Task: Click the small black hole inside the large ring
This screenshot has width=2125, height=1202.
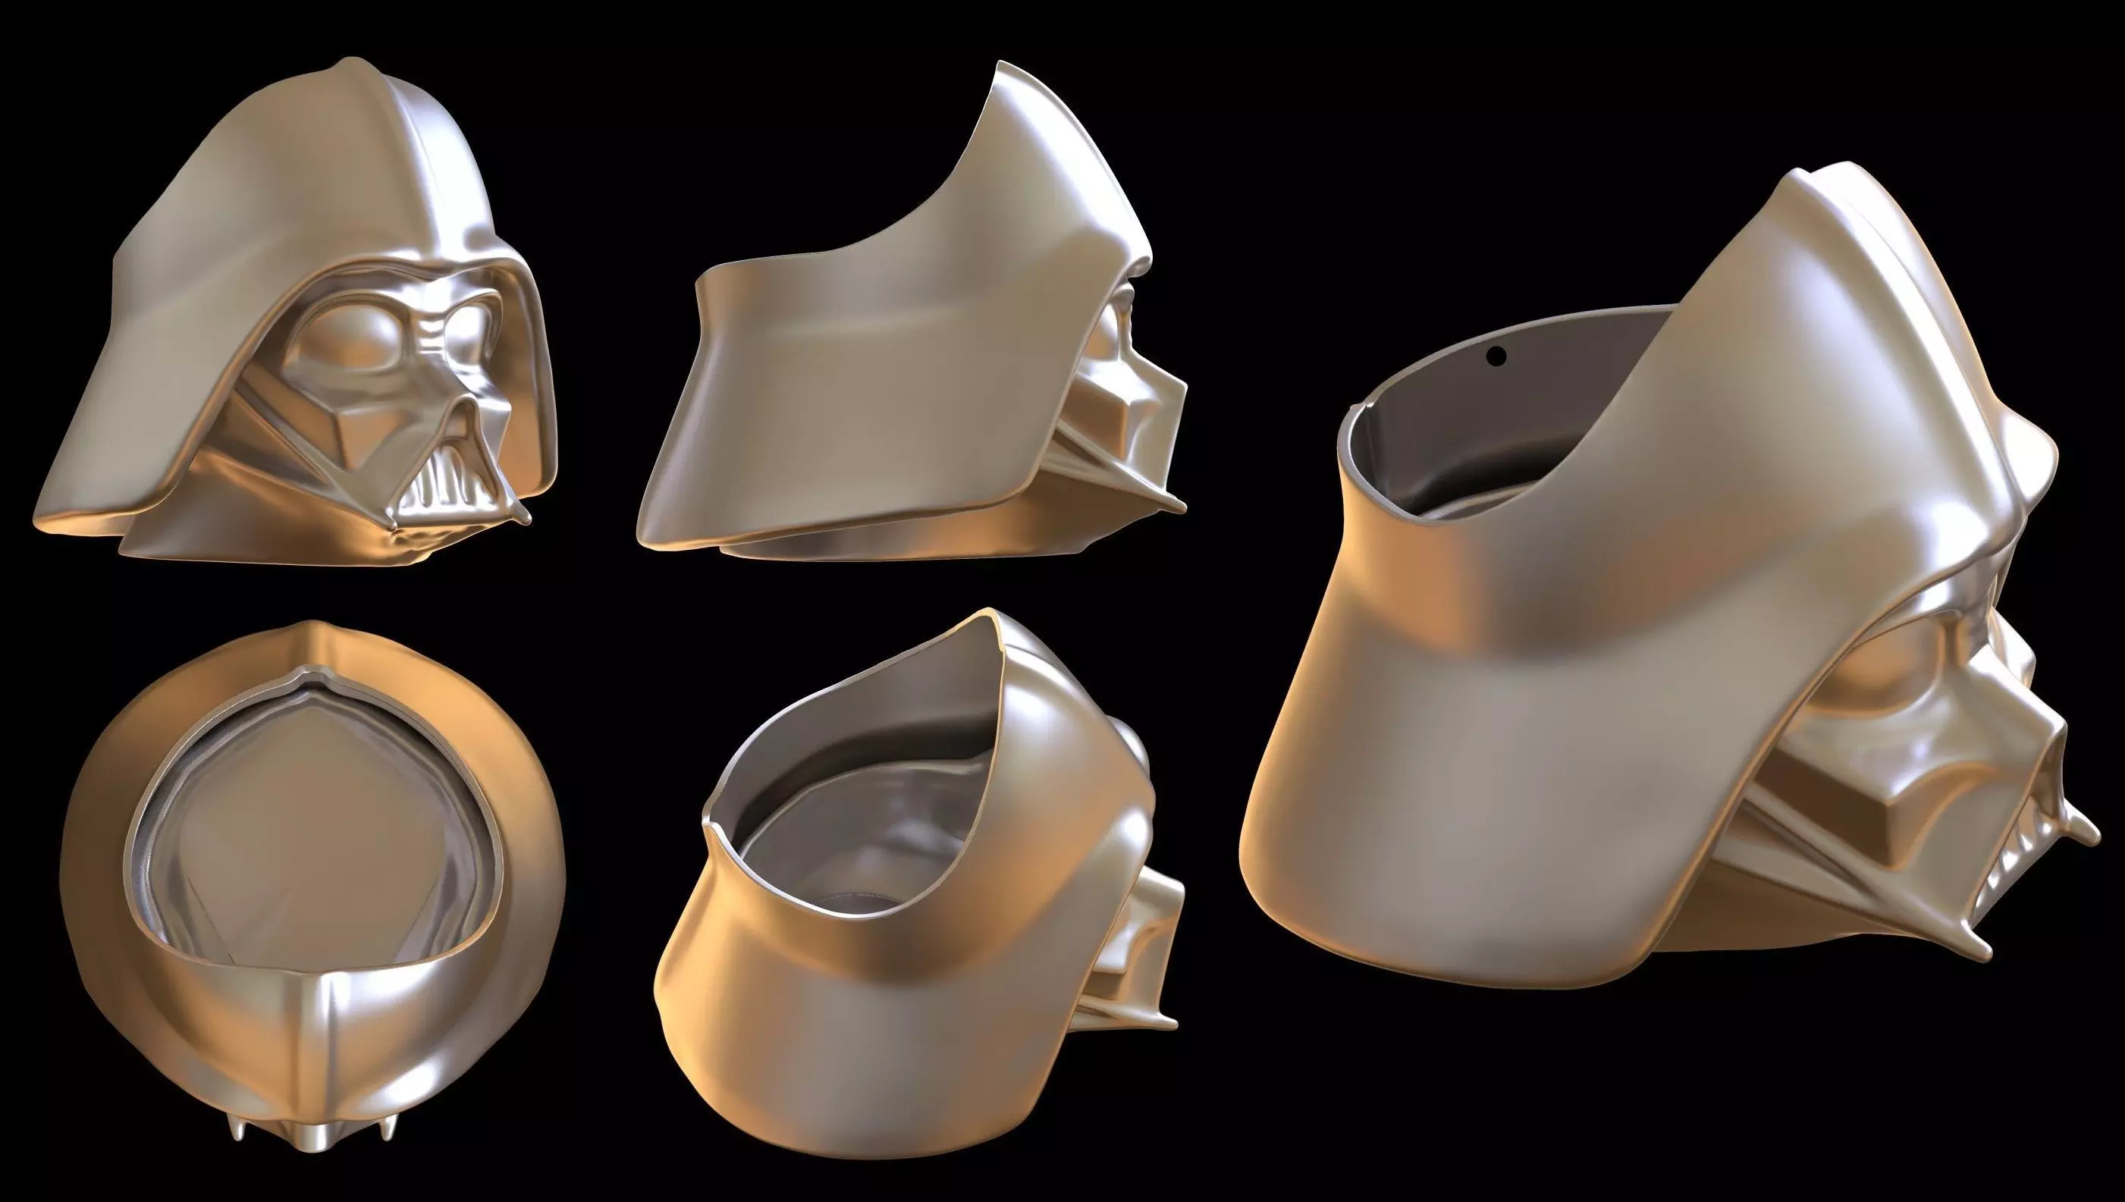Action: (1496, 356)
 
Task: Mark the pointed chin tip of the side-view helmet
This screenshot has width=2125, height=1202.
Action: (1182, 505)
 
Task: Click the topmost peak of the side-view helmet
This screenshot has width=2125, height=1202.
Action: (1003, 66)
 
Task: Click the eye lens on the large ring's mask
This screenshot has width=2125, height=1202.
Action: (1891, 686)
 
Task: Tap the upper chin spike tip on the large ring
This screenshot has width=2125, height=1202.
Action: (2093, 833)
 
